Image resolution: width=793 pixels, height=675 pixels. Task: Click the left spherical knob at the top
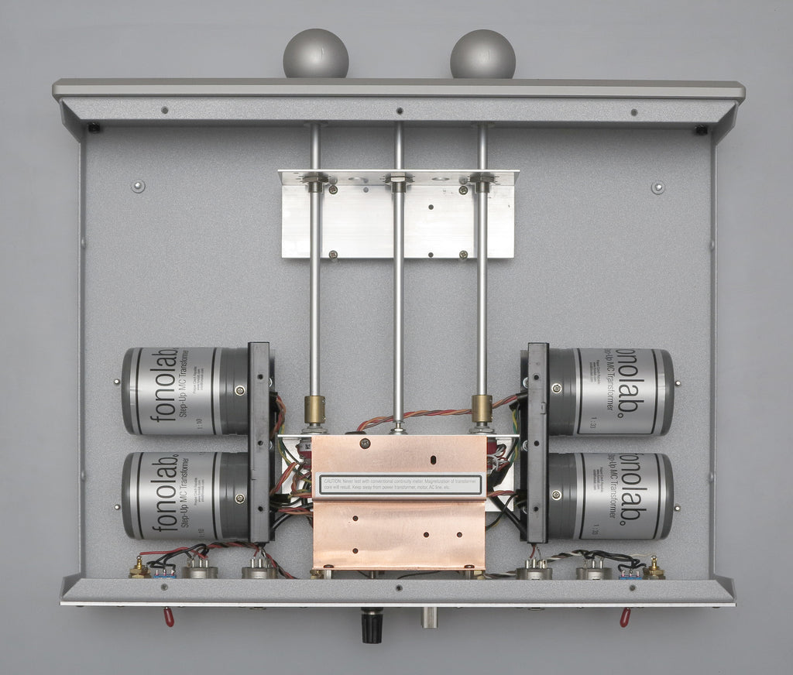coord(315,53)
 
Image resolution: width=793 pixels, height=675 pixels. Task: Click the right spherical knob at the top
coord(482,54)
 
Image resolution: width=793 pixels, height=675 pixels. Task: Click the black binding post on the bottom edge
coord(372,625)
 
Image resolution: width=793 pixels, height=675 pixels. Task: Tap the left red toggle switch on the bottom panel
coord(168,616)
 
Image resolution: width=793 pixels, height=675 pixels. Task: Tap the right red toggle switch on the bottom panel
coord(624,616)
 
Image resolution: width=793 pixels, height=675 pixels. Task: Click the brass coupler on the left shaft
coord(314,409)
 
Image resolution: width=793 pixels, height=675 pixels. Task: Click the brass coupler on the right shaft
coord(482,409)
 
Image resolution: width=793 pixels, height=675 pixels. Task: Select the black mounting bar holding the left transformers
coord(259,441)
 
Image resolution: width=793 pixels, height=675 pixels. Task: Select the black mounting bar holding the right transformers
coord(537,441)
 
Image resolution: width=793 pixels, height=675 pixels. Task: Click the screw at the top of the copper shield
coord(365,444)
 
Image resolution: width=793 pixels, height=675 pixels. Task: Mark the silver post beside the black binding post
coord(428,617)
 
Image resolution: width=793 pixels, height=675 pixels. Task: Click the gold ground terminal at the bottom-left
coord(139,569)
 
